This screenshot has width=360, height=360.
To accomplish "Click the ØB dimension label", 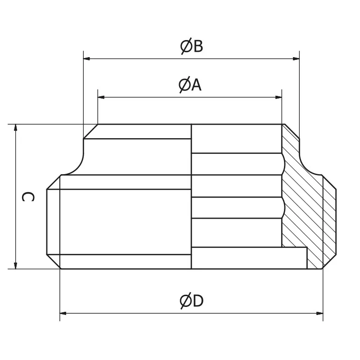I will click(x=192, y=46).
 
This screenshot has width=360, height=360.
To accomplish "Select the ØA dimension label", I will click(x=190, y=85).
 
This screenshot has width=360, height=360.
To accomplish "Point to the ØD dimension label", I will click(x=192, y=301).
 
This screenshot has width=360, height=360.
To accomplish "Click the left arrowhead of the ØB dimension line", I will click(x=87, y=58).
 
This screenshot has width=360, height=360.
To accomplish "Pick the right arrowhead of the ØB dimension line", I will click(x=296, y=58).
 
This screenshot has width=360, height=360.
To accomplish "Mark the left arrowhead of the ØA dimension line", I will click(x=101, y=97).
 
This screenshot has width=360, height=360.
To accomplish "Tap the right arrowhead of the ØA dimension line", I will click(x=279, y=97).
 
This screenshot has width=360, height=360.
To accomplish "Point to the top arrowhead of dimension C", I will click(x=16, y=128).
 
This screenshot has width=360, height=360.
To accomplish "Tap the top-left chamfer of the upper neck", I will click(x=90, y=131).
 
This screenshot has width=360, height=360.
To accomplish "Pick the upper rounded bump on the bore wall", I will click(x=283, y=164).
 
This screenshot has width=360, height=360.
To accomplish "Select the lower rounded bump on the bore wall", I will click(x=283, y=207).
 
